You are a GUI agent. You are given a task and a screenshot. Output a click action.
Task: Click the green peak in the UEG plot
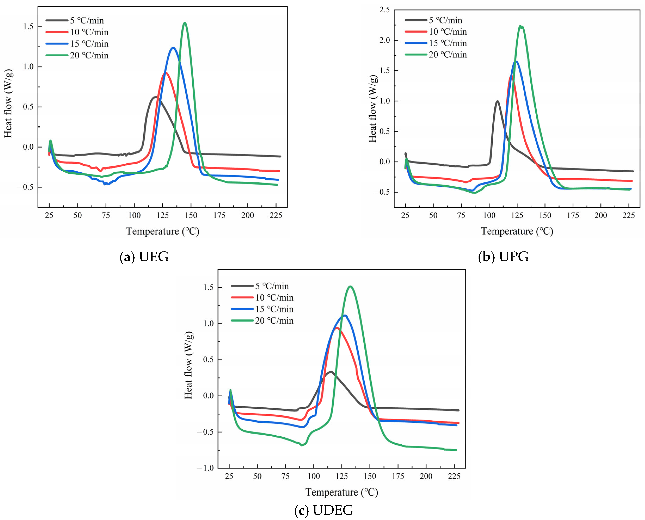pyautogui.click(x=185, y=23)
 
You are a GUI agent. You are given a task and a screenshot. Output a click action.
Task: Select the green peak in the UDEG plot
pyautogui.click(x=350, y=287)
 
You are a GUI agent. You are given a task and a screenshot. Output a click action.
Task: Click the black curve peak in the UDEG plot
pyautogui.click(x=331, y=372)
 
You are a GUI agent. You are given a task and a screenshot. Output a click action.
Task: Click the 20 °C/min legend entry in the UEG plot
pyautogui.click(x=89, y=55)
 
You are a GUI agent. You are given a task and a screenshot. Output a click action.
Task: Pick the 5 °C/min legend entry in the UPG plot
pyautogui.click(x=445, y=20)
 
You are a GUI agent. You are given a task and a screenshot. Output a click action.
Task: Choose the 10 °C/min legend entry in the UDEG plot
pyautogui.click(x=274, y=297)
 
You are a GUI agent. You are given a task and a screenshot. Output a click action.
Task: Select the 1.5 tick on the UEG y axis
pyautogui.click(x=29, y=27)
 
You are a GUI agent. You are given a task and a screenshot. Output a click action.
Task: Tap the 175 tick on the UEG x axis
pyautogui.click(x=219, y=215)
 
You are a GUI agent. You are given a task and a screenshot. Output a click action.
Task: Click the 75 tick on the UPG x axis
pyautogui.click(x=461, y=215)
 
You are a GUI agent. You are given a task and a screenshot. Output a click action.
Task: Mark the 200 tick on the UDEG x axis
pyautogui.click(x=426, y=476)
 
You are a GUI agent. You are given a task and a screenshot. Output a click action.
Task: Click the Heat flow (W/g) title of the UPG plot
pyautogui.click(x=373, y=108)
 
